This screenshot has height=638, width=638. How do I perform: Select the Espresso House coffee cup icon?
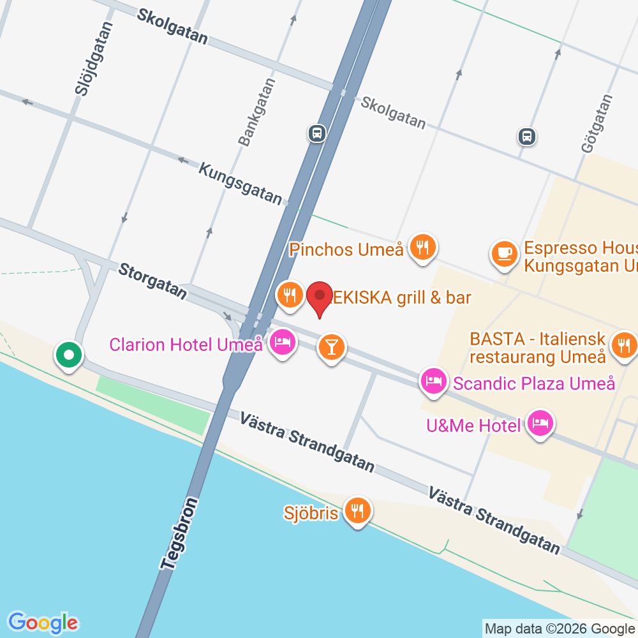(x=504, y=253)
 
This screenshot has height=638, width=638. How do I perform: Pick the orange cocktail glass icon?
(x=331, y=347)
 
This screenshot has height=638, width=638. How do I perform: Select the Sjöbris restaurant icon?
(x=357, y=510)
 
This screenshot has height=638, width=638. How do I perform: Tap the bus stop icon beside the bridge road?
(x=316, y=133)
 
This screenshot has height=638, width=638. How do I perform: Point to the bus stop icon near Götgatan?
(x=526, y=136)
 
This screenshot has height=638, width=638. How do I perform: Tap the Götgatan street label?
(x=597, y=123)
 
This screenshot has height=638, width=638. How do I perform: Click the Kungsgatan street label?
(x=240, y=183)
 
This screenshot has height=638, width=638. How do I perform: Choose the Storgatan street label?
(x=153, y=281)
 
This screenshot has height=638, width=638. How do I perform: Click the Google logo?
(x=43, y=622)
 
